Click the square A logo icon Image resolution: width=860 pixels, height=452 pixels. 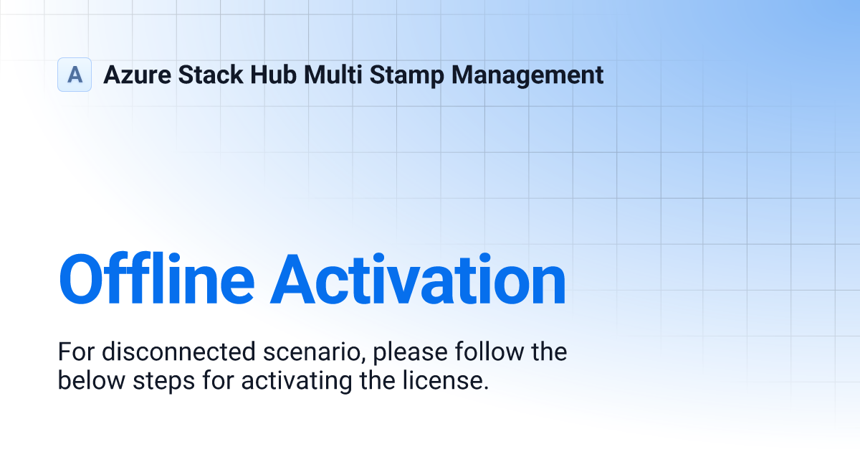pyautogui.click(x=75, y=75)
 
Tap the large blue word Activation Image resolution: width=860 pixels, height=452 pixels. pyautogui.click(x=419, y=280)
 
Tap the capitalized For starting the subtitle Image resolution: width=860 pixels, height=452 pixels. pyautogui.click(x=76, y=352)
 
